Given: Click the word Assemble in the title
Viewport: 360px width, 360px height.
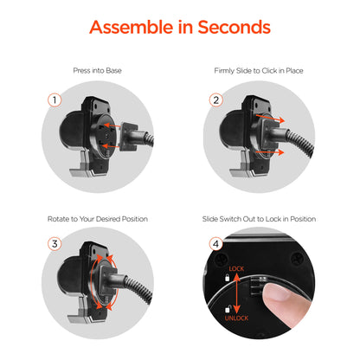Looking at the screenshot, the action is [131, 27].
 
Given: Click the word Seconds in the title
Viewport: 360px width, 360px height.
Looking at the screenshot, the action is [234, 27].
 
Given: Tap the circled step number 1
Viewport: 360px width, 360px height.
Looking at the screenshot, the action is [55, 100].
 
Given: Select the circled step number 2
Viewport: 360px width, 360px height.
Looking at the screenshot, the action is [216, 100].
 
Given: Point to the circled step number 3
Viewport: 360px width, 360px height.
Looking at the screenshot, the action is [55, 244].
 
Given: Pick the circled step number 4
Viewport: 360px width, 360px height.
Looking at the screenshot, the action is [216, 244].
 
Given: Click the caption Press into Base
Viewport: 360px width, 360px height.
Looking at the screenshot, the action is [97, 71].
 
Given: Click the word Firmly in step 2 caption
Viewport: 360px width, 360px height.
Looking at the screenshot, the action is [224, 71].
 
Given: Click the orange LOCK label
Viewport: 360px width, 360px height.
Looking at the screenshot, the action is [236, 269].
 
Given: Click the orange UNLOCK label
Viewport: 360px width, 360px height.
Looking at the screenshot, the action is [236, 318].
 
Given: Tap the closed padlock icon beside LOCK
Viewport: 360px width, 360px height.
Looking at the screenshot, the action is [227, 278].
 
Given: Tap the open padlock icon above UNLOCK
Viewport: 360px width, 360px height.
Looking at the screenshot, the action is [228, 309].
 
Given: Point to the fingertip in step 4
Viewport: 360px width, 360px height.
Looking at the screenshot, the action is [277, 292].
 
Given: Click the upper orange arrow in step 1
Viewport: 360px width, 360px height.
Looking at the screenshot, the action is [112, 125].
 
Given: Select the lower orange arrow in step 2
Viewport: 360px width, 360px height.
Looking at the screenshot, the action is [270, 151].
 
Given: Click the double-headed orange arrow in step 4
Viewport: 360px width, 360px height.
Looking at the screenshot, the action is [236, 293].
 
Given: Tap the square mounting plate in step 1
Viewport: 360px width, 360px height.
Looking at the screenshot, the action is [129, 136].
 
